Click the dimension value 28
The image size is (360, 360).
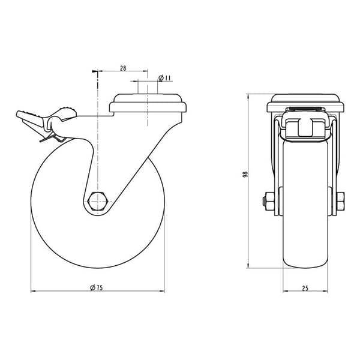click(123, 68)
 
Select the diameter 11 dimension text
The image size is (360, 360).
click(164, 78)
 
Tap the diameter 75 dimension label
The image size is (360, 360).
click(97, 287)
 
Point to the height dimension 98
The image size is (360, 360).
click(245, 174)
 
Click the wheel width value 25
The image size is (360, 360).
click(305, 289)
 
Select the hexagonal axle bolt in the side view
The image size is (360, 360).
click(98, 201)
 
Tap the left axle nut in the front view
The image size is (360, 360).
click(269, 202)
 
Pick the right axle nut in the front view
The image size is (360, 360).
click(340, 202)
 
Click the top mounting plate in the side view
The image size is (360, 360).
click(148, 103)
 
